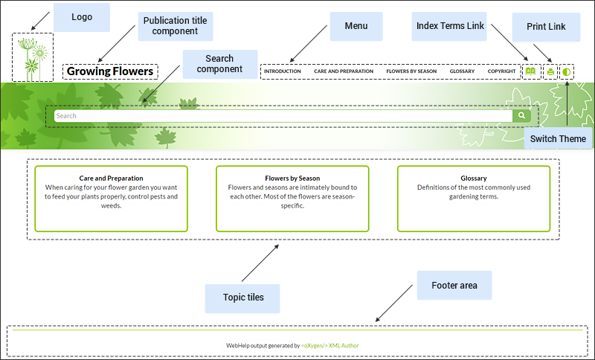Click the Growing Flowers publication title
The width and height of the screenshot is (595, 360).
click(110, 72)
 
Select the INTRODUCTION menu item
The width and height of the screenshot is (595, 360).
click(282, 72)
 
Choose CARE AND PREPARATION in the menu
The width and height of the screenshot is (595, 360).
click(344, 72)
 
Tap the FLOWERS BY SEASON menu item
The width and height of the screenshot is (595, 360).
click(411, 72)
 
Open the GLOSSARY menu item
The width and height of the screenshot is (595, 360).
click(462, 72)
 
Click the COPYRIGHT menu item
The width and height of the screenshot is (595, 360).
click(501, 72)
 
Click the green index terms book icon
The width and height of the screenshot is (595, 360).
click(530, 72)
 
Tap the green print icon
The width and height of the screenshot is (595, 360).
click(550, 72)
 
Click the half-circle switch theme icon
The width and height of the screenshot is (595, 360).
click(567, 72)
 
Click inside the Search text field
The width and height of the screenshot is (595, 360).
click(283, 116)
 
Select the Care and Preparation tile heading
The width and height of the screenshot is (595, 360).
click(112, 179)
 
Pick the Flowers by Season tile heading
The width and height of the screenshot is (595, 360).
click(292, 179)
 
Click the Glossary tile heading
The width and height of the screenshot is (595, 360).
click(474, 179)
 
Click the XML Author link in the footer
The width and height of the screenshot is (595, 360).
click(344, 345)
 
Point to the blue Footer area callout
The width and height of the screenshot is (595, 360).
click(454, 286)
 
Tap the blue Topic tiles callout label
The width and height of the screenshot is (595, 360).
click(242, 298)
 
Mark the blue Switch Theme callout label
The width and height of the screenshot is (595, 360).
click(558, 139)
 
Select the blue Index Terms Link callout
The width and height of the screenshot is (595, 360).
click(449, 26)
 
